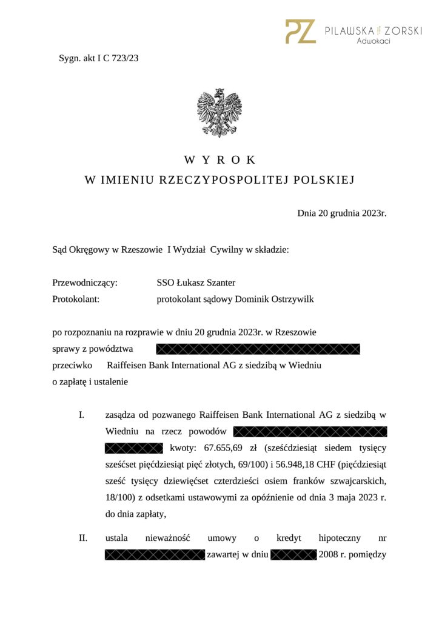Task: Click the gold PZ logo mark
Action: (x=301, y=32)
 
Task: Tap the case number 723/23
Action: (x=126, y=59)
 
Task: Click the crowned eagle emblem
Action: (x=219, y=112)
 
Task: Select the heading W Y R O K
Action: (x=219, y=160)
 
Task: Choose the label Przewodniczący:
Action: (x=85, y=282)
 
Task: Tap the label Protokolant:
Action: (x=76, y=299)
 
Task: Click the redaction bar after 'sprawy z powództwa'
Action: (x=258, y=349)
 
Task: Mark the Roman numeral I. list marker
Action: (x=81, y=415)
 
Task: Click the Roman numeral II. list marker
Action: (x=82, y=538)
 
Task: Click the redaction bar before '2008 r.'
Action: (x=293, y=555)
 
